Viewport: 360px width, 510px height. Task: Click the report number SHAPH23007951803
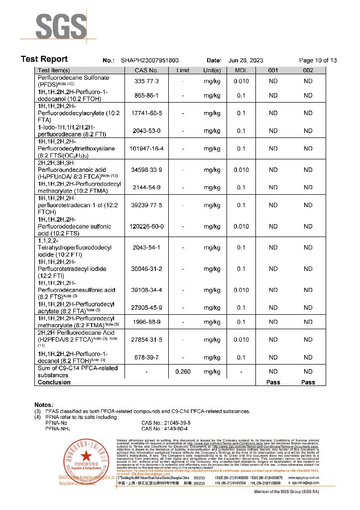tap(150, 60)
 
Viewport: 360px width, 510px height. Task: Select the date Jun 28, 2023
tap(245, 60)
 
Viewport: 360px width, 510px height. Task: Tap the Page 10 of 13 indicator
tap(318, 60)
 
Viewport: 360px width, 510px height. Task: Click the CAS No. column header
tap(146, 71)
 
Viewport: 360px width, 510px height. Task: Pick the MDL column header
tap(241, 71)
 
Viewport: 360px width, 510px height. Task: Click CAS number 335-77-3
tap(146, 81)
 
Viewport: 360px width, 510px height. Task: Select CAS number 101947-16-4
tap(146, 149)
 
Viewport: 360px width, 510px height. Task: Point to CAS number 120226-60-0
tap(146, 227)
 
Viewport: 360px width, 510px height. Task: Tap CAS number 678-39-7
tap(146, 357)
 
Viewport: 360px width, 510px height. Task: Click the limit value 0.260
tap(183, 372)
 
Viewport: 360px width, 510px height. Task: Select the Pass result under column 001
tap(273, 382)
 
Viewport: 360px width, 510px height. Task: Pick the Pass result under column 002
tap(308, 382)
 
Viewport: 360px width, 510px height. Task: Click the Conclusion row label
tap(54, 382)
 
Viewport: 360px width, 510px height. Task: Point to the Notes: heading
tap(44, 405)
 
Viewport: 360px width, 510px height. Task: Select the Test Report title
tap(44, 59)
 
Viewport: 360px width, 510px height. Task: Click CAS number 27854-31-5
tap(146, 340)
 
